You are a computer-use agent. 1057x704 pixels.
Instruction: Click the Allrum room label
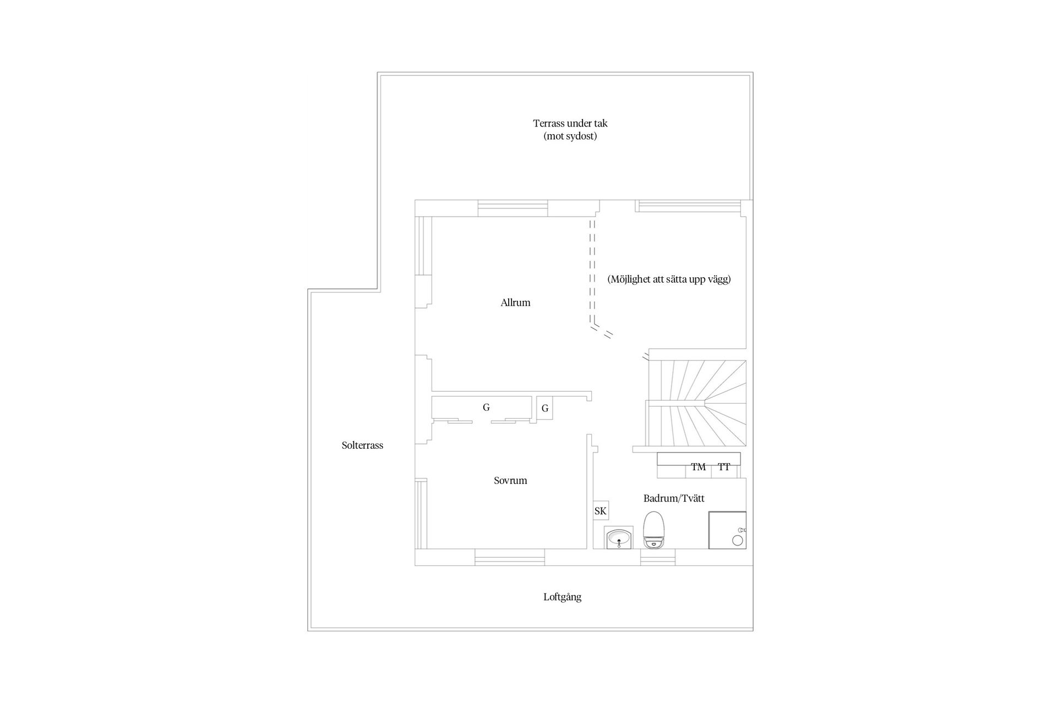515,302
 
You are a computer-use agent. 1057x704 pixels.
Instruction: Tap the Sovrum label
510,481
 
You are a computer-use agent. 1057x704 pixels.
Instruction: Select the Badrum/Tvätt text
674,498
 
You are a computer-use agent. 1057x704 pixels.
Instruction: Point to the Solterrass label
362,446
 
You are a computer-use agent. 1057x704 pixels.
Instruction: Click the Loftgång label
562,597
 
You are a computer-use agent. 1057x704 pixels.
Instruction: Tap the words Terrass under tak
570,123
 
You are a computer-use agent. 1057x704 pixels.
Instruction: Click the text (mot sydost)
570,136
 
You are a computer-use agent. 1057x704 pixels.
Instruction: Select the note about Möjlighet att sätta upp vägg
669,279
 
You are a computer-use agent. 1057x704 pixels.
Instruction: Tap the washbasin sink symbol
619,537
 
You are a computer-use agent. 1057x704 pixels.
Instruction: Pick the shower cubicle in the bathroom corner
727,530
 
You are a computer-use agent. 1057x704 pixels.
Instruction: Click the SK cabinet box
601,511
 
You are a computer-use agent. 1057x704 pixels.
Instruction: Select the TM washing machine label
698,467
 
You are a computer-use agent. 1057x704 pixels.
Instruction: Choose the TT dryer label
724,467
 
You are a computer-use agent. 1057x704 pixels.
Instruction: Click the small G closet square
545,408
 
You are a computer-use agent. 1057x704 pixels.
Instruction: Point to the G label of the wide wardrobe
486,408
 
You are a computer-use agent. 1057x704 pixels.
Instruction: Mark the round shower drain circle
737,540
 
